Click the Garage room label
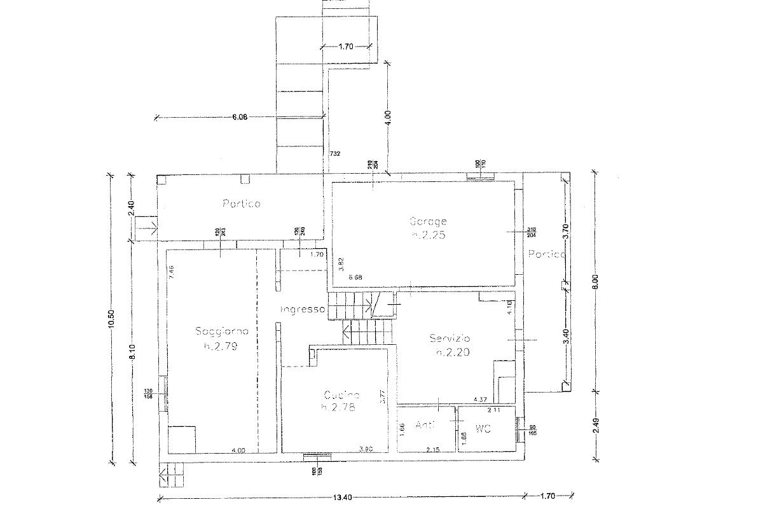[x=427, y=221]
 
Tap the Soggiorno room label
[x=217, y=331]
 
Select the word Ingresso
[x=303, y=309]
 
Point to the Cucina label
[x=341, y=394]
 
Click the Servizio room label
[x=450, y=338]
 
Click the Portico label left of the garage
[x=241, y=204]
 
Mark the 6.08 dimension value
[x=240, y=116]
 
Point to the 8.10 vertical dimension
[x=132, y=352]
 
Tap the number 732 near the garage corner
[x=334, y=153]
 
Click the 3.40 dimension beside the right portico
[x=567, y=336]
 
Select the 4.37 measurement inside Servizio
[x=480, y=400]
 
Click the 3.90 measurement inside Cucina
[x=366, y=450]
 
